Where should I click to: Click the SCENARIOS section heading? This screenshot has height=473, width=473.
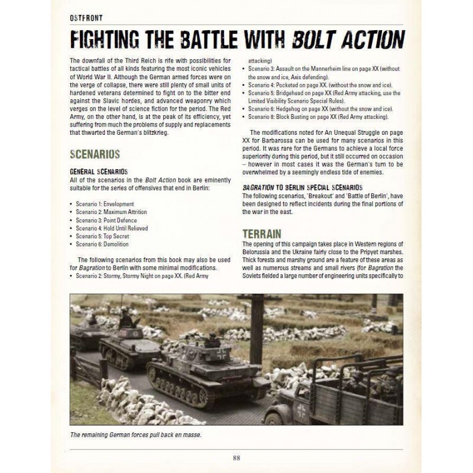pos(95,154)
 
